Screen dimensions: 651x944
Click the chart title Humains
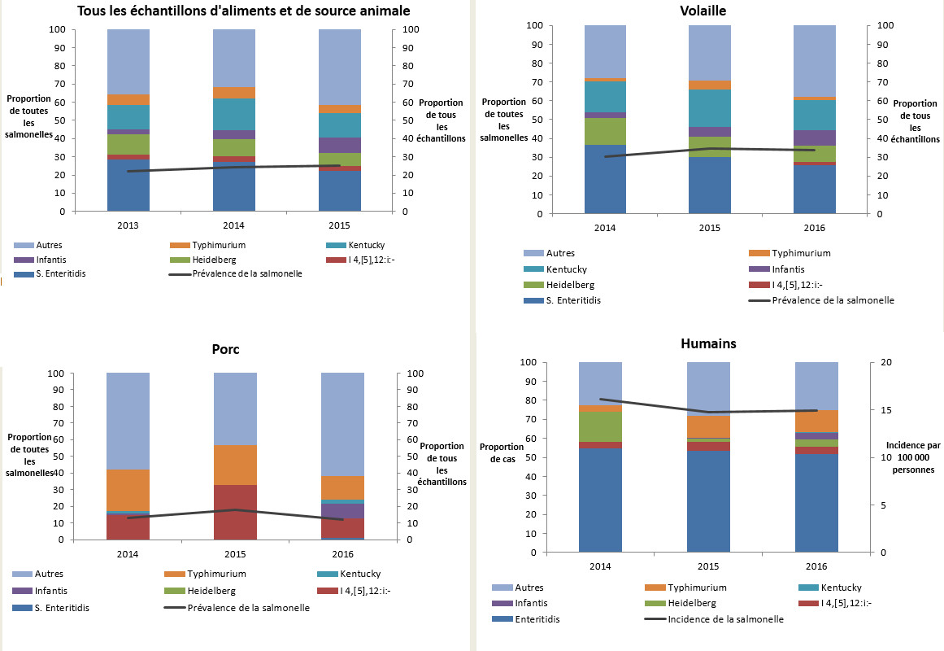(x=707, y=343)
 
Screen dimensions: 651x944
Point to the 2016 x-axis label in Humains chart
(x=816, y=566)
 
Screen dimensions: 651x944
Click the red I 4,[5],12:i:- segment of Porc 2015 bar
(x=234, y=512)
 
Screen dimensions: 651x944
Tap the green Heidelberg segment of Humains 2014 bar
(x=600, y=426)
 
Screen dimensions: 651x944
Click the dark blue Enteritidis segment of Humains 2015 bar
(x=708, y=500)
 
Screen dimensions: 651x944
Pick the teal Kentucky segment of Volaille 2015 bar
(x=710, y=107)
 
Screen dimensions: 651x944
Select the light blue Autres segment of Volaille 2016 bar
(x=816, y=61)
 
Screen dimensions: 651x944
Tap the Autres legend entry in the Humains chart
(x=529, y=587)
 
